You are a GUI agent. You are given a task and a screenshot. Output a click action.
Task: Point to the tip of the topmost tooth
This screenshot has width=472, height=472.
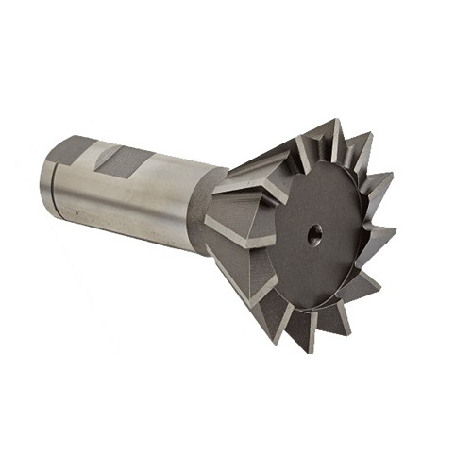click(333, 120)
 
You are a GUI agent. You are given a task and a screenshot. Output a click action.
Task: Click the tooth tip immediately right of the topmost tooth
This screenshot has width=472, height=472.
click(370, 135)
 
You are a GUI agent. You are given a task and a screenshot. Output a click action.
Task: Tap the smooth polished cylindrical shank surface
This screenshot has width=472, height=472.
click(151, 203)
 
